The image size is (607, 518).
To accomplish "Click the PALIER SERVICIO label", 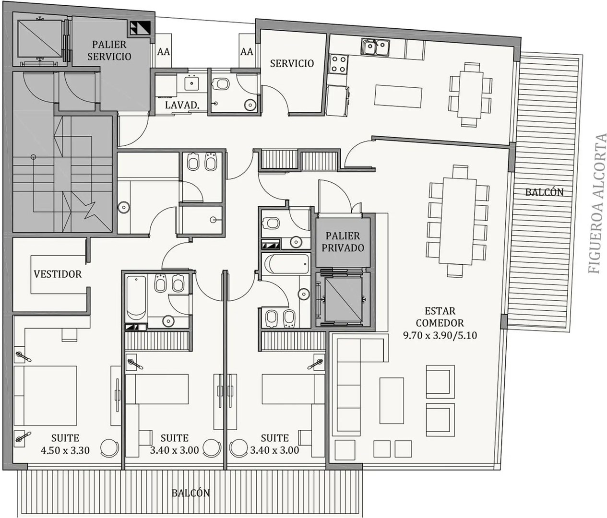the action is point(109,50).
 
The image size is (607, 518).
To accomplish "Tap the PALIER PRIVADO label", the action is point(343,242).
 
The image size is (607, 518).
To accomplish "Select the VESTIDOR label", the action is point(58,274).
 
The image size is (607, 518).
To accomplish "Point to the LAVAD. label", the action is point(182,105).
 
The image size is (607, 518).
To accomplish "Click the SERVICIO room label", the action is point(292,63).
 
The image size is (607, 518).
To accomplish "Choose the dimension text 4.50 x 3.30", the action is point(65,450).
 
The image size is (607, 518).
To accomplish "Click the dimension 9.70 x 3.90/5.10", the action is point(440,335).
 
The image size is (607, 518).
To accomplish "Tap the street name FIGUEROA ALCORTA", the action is point(598,204).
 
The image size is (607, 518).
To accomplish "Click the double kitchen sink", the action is point(375,47).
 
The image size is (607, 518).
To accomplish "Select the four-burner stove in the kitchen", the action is point(338,64).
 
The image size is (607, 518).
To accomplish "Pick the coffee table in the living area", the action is point(392,400).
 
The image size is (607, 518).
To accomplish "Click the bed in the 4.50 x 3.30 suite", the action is point(46,396).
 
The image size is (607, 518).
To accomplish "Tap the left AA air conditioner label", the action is point(164,52).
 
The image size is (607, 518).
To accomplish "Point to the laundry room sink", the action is point(192,82).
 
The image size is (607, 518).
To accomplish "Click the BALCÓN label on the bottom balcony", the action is point(191,493).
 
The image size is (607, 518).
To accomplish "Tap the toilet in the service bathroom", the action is point(220,84).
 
